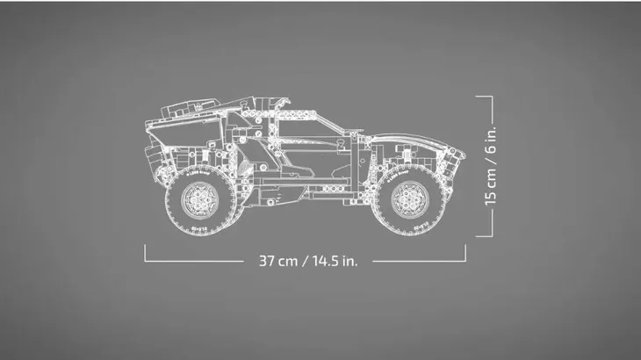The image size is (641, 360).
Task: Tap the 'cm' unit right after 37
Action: (291, 261)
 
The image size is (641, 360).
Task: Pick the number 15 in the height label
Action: (493, 195)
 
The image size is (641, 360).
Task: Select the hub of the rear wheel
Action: (199, 199)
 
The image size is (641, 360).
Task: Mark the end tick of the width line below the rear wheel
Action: (145, 253)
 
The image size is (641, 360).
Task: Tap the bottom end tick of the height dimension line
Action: (485, 235)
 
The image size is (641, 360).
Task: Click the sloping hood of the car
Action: (404, 136)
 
